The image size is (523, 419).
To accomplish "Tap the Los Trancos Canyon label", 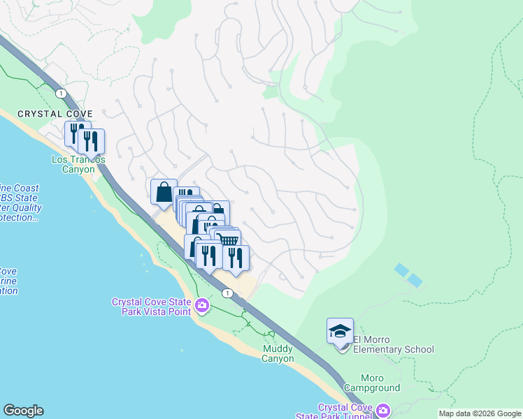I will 78,164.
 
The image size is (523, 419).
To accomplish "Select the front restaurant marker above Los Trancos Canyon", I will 91,142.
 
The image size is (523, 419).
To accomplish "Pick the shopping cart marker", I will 228,241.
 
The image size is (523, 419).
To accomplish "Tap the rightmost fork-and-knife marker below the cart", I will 236,258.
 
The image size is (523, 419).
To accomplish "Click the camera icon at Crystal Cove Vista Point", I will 202,306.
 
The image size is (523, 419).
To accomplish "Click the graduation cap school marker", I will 340,331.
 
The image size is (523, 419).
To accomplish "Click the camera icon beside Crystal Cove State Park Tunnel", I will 382,410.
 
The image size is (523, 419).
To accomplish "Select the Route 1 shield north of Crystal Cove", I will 62,93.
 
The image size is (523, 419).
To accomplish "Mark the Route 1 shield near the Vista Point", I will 228,293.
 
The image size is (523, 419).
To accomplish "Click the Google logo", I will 23,411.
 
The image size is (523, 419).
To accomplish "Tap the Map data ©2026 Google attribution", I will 480,413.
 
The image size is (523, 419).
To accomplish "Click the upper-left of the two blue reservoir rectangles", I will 401,270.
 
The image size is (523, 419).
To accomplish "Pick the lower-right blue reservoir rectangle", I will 415,281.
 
